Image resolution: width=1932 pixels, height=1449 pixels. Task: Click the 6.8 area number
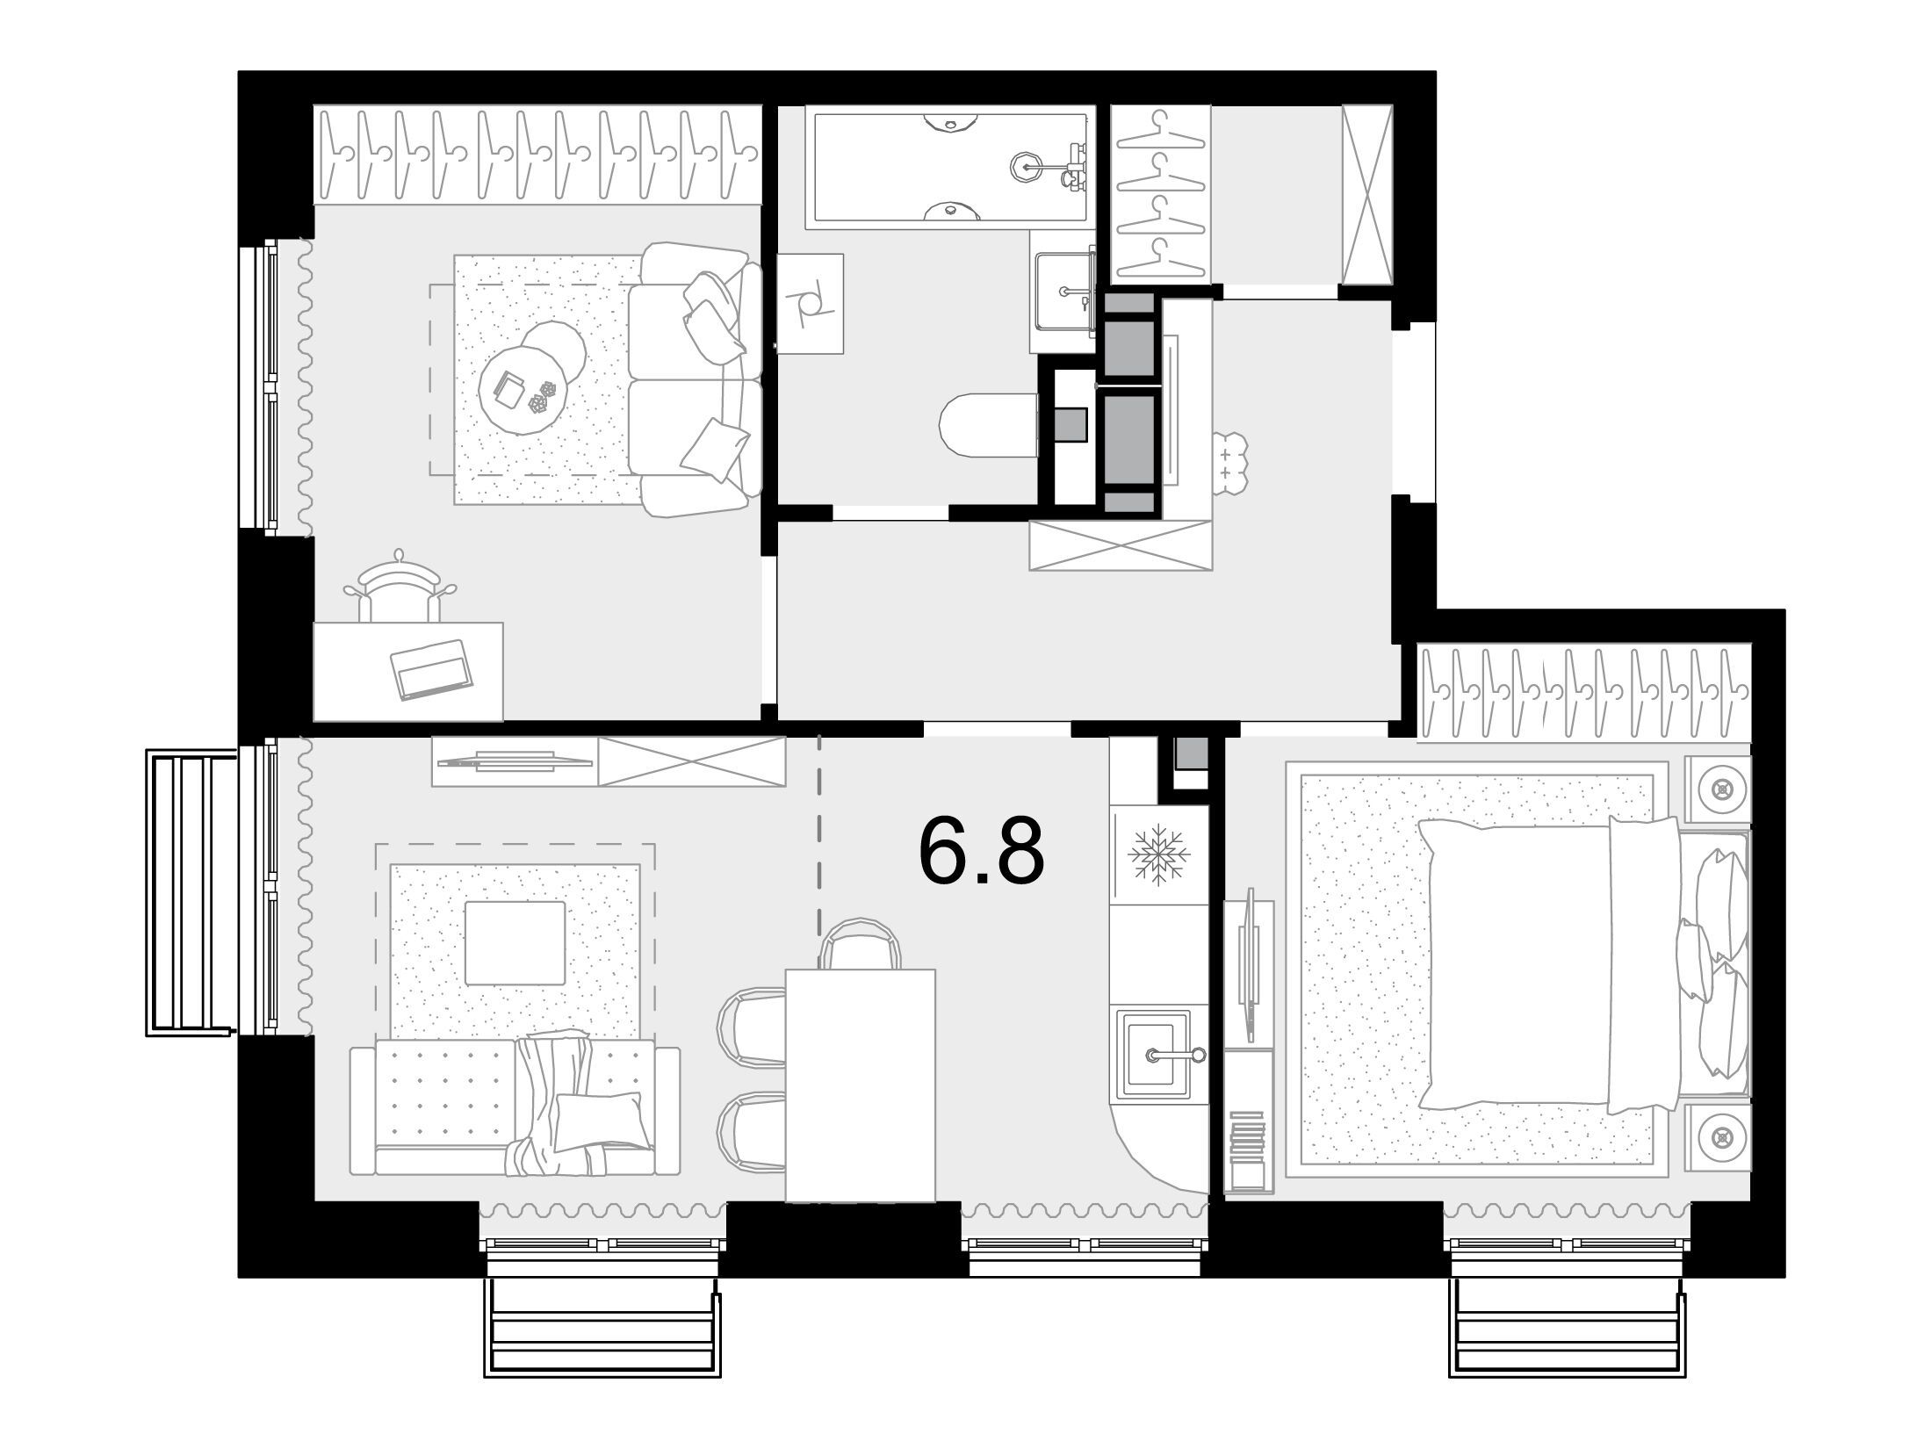pyautogui.click(x=981, y=850)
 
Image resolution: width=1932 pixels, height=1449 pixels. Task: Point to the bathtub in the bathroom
pyautogui.click(x=950, y=166)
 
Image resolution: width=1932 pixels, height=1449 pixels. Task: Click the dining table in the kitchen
pyautogui.click(x=861, y=1085)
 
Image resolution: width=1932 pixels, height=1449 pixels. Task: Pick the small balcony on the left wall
pyautogui.click(x=191, y=892)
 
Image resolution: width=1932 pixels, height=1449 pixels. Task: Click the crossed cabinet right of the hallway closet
pyautogui.click(x=1367, y=194)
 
